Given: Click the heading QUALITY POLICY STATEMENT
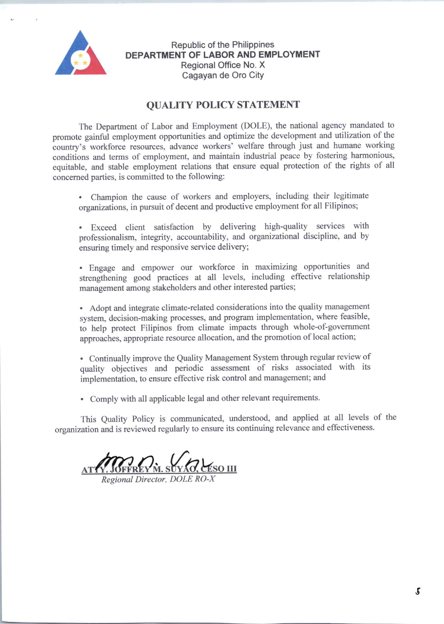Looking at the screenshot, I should point(223,105).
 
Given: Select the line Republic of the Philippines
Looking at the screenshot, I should point(223,45).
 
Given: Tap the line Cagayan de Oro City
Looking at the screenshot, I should point(223,75).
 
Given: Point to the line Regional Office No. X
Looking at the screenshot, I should point(223,65).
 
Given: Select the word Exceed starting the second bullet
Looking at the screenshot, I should point(104,228).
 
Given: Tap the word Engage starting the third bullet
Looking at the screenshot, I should point(102,268).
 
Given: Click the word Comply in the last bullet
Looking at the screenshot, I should point(102,399).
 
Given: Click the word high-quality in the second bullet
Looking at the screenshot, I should point(286,226).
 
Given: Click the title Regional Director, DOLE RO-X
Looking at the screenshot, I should point(158,479).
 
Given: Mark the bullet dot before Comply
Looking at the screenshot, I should point(82,399).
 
